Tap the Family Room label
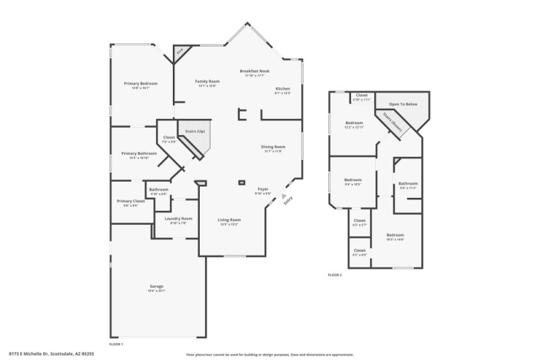pos(208,81)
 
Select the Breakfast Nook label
pos(254,71)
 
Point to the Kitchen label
pos(282,89)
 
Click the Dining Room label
pos(273,147)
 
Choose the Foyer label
pos(263,189)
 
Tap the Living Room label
pos(229,220)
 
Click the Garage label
pos(157,286)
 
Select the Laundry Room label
pos(178,218)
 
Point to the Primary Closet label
pos(130,201)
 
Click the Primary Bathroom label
pos(134,154)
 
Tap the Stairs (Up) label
pos(195,131)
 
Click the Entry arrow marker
pos(284,195)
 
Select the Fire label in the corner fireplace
pos(180,52)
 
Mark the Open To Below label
pos(403,104)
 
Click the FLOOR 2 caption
pos(335,275)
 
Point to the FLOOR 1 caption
pos(116,344)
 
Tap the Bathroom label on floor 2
pos(408,184)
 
